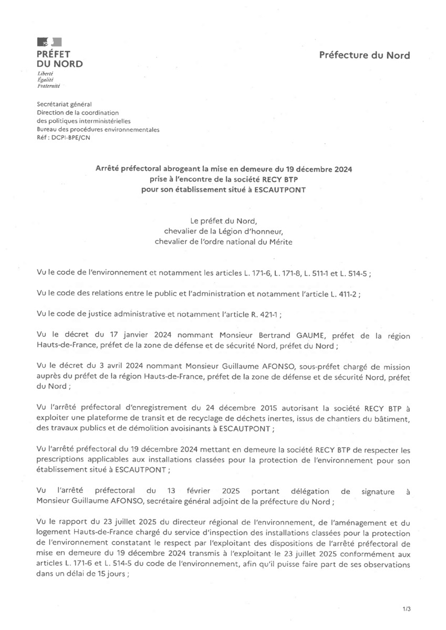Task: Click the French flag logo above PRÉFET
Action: [x=49, y=42]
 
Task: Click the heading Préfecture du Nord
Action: [x=365, y=55]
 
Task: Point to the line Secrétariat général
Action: [x=64, y=104]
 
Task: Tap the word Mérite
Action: [x=278, y=241]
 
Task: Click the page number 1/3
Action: [x=406, y=609]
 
